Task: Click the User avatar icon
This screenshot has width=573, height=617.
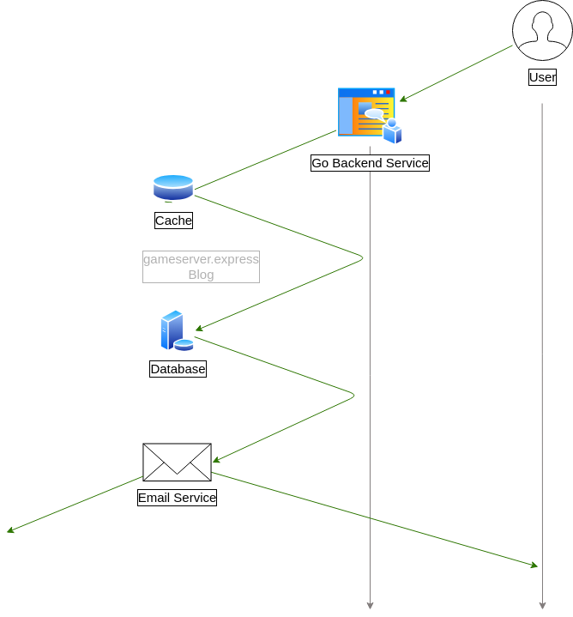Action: [x=542, y=30]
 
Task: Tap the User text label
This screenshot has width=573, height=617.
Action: [x=542, y=77]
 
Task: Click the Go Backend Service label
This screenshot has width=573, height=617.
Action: [x=370, y=163]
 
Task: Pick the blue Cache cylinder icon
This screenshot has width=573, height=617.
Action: [x=173, y=187]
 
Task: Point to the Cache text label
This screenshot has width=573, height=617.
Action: [x=173, y=221]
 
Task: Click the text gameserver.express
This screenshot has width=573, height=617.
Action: [x=201, y=258]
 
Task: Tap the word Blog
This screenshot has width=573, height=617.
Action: [x=201, y=275]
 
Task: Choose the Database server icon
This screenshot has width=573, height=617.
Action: [x=176, y=331]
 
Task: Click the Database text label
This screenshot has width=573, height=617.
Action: [x=178, y=369]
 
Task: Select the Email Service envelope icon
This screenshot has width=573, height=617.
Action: [x=177, y=463]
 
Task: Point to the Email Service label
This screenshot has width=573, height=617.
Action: [x=177, y=498]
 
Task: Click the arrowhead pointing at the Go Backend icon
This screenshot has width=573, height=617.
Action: [x=402, y=100]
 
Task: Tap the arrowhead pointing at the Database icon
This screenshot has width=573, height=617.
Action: [x=199, y=329]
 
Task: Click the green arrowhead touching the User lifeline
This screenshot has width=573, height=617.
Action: [x=534, y=565]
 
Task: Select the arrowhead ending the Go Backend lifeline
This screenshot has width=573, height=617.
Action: [x=370, y=605]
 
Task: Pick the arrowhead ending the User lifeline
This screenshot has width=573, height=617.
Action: [x=542, y=605]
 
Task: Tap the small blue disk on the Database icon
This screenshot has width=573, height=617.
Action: [x=184, y=345]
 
